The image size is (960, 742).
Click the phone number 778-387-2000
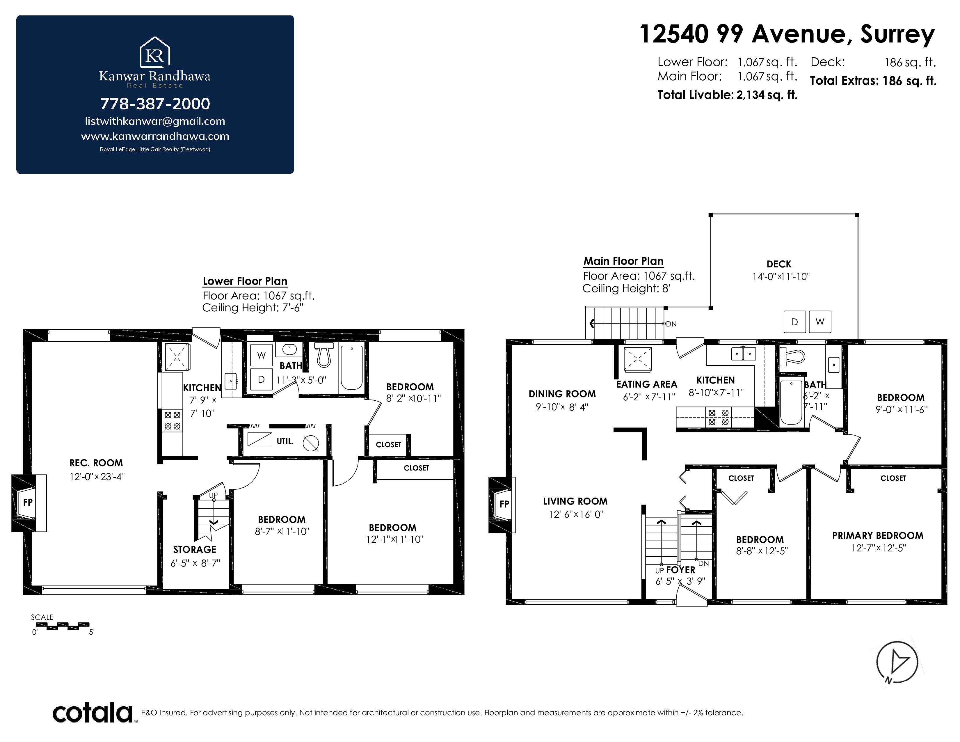click(155, 104)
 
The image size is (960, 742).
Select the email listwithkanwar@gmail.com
click(155, 121)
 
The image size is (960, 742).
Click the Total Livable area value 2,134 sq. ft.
click(767, 95)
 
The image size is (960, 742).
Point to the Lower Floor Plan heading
click(245, 281)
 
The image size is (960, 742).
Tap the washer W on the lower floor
click(262, 355)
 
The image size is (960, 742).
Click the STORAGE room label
click(195, 549)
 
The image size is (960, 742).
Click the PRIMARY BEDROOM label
click(878, 535)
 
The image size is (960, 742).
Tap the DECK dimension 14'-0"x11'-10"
click(781, 276)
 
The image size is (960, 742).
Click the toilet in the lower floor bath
click(324, 355)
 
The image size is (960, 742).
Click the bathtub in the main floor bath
click(791, 402)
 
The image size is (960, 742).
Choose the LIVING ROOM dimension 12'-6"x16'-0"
click(576, 514)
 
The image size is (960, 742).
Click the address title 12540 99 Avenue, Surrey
click(787, 34)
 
